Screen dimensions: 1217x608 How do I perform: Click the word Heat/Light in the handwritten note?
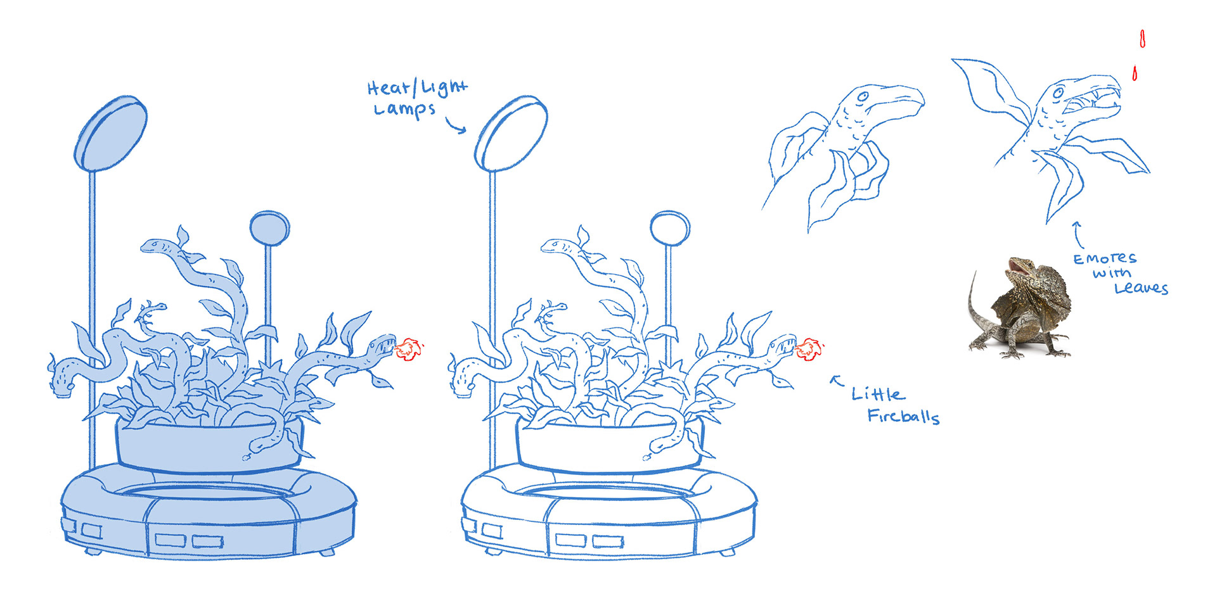pyautogui.click(x=418, y=87)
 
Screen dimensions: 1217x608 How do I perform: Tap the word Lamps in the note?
pyautogui.click(x=404, y=109)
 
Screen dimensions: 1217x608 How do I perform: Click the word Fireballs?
pyautogui.click(x=903, y=416)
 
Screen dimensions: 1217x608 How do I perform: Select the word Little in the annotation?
pyautogui.click(x=879, y=394)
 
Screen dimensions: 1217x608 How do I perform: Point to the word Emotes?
pyautogui.click(x=1105, y=258)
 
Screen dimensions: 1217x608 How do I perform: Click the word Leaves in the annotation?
pyautogui.click(x=1141, y=288)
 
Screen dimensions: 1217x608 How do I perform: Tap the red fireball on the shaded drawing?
pyautogui.click(x=409, y=350)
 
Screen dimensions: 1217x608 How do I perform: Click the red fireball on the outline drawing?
pyautogui.click(x=809, y=350)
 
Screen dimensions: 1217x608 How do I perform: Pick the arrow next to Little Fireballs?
pyautogui.click(x=837, y=380)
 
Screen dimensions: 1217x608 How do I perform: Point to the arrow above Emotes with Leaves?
pyautogui.click(x=1077, y=234)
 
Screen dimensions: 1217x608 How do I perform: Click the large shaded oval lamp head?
pyautogui.click(x=110, y=134)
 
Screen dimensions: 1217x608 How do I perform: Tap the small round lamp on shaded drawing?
pyautogui.click(x=269, y=229)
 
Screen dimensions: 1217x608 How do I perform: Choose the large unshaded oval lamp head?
pyautogui.click(x=511, y=134)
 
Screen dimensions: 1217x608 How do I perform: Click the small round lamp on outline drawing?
pyautogui.click(x=670, y=229)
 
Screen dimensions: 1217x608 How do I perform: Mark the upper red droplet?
pyautogui.click(x=1142, y=39)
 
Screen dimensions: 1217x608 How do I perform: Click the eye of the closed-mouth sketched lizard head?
pyautogui.click(x=863, y=98)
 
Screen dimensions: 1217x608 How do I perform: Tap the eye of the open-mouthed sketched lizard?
pyautogui.click(x=1059, y=93)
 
